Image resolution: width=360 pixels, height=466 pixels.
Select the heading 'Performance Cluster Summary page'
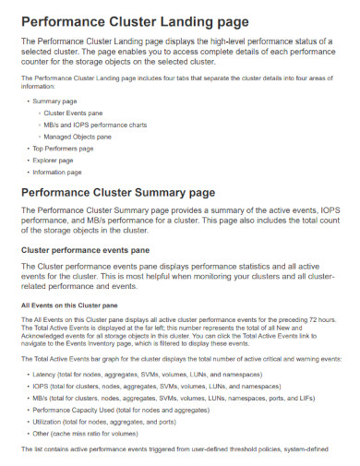[131, 193]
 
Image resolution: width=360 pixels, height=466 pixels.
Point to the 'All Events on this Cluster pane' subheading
[70, 305]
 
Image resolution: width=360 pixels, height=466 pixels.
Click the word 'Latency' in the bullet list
[44, 376]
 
